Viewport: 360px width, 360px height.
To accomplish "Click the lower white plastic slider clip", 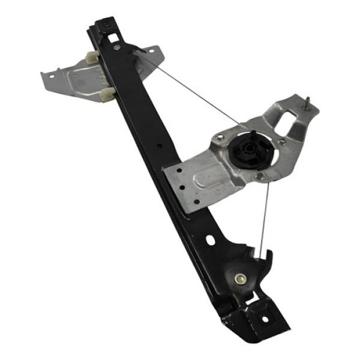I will pos(107,93).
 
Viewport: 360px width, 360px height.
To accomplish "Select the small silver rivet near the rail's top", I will pos(117,47).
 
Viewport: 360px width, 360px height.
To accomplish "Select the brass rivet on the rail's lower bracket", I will pos(240,278).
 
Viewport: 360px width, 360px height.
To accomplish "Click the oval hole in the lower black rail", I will pos(210,240).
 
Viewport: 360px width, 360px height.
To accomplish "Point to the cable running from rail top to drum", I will pos(192,90).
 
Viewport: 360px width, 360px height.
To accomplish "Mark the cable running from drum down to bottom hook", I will pos(264,216).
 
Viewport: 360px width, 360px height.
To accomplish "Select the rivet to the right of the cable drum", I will pos(282,142).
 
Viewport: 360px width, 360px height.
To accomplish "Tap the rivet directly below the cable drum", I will pos(260,176).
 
